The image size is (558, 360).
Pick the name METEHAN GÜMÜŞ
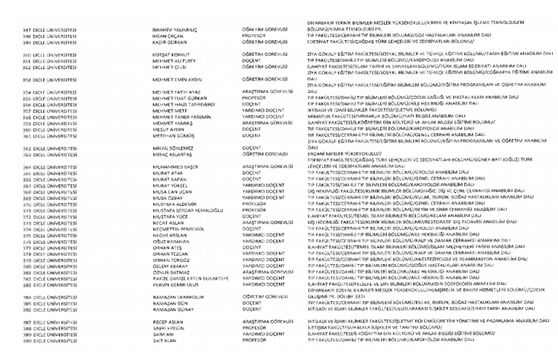tap(167, 136)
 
